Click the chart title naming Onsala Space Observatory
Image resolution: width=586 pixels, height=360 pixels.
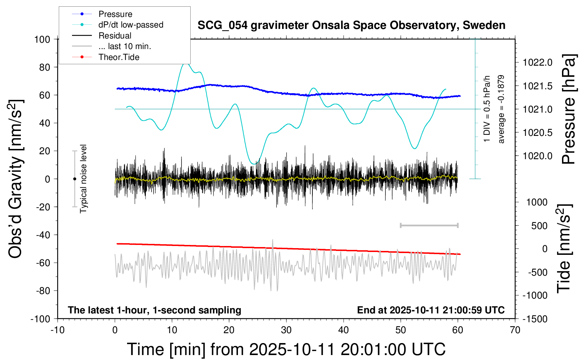click(351, 25)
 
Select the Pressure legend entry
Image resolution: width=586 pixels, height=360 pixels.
click(115, 14)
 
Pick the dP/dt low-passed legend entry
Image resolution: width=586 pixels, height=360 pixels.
click(131, 25)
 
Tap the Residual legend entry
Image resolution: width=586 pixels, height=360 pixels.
click(115, 36)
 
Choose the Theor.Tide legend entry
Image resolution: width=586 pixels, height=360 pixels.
click(119, 57)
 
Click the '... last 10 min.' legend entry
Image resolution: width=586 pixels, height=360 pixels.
click(125, 46)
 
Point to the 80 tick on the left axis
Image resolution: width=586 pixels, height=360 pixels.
click(44, 67)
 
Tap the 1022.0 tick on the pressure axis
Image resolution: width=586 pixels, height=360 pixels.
click(538, 62)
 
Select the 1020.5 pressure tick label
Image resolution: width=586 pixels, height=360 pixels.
click(538, 133)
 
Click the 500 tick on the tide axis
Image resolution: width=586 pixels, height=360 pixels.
click(539, 226)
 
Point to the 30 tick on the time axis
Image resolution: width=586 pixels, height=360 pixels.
click(286, 330)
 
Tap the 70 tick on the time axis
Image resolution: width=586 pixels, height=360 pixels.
click(515, 330)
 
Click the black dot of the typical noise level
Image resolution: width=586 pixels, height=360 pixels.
click(74, 179)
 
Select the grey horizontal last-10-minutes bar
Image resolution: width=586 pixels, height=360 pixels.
click(429, 226)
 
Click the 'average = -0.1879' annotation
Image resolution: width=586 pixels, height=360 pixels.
click(501, 109)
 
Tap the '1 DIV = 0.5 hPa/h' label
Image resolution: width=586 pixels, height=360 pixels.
click(487, 109)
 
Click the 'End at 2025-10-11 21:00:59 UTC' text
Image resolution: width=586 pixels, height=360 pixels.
click(431, 310)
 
